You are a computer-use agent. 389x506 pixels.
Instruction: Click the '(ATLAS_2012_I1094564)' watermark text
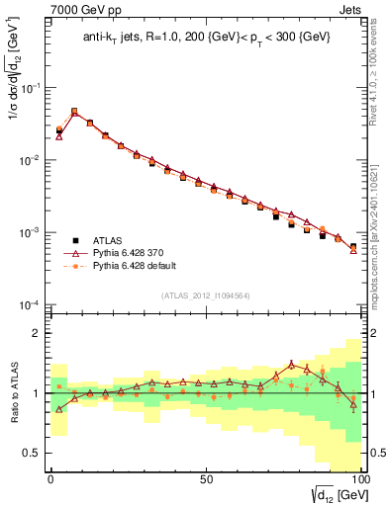tap(204, 295)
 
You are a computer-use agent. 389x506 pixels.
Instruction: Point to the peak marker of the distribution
tap(74, 112)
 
